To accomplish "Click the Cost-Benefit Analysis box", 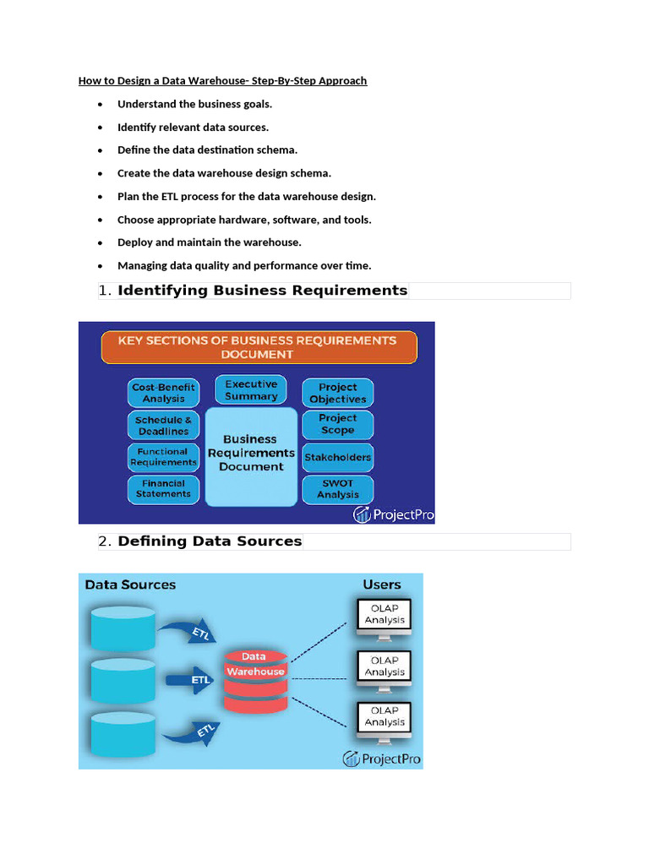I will pyautogui.click(x=163, y=393).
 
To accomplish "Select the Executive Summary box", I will pyautogui.click(x=251, y=390).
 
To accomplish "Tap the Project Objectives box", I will pyautogui.click(x=338, y=393).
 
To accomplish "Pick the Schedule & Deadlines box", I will pyautogui.click(x=163, y=425).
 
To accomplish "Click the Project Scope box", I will pyautogui.click(x=338, y=424).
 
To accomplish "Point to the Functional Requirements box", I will pyautogui.click(x=163, y=457).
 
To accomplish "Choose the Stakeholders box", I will pyautogui.click(x=338, y=457).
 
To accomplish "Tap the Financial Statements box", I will pyautogui.click(x=163, y=489).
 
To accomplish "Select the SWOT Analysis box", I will pyautogui.click(x=338, y=489).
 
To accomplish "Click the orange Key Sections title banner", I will pyautogui.click(x=257, y=347).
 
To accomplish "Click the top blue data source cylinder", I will pyautogui.click(x=122, y=628).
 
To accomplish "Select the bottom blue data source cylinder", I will pyautogui.click(x=122, y=733).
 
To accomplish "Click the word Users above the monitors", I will pyautogui.click(x=382, y=585).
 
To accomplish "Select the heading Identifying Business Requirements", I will pyautogui.click(x=262, y=291).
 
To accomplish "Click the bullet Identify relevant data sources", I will pyautogui.click(x=193, y=128).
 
